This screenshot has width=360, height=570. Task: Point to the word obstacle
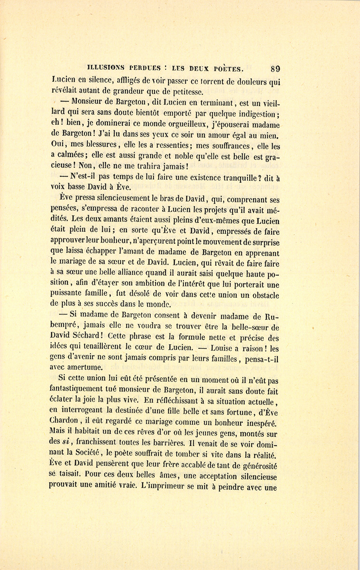point(262,295)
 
